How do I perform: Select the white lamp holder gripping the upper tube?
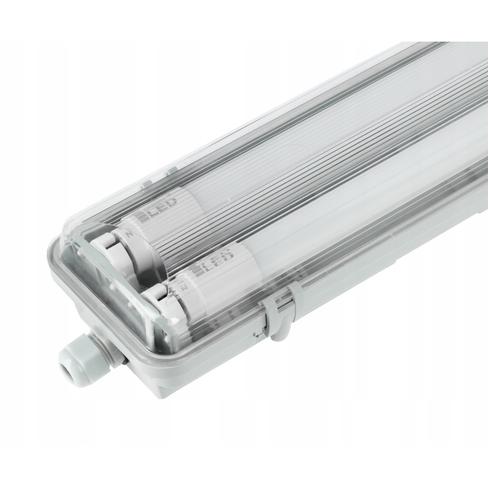point(112,247)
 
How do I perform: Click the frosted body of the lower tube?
point(337,214)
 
